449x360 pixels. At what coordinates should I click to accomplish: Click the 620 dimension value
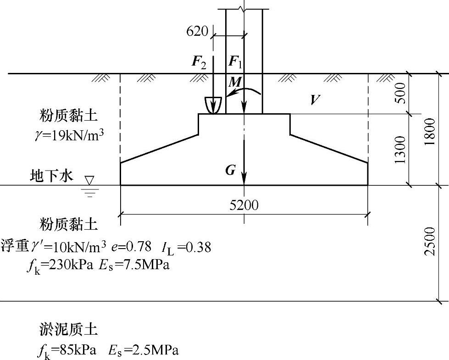pos(197,31)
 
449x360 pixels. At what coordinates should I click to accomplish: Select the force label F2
pos(199,62)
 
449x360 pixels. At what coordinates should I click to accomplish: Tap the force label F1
pos(234,62)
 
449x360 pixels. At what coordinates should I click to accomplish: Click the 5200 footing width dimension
pos(244,205)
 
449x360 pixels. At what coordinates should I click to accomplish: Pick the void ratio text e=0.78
pos(133,247)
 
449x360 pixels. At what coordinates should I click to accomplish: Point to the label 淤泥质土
pos(68,329)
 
